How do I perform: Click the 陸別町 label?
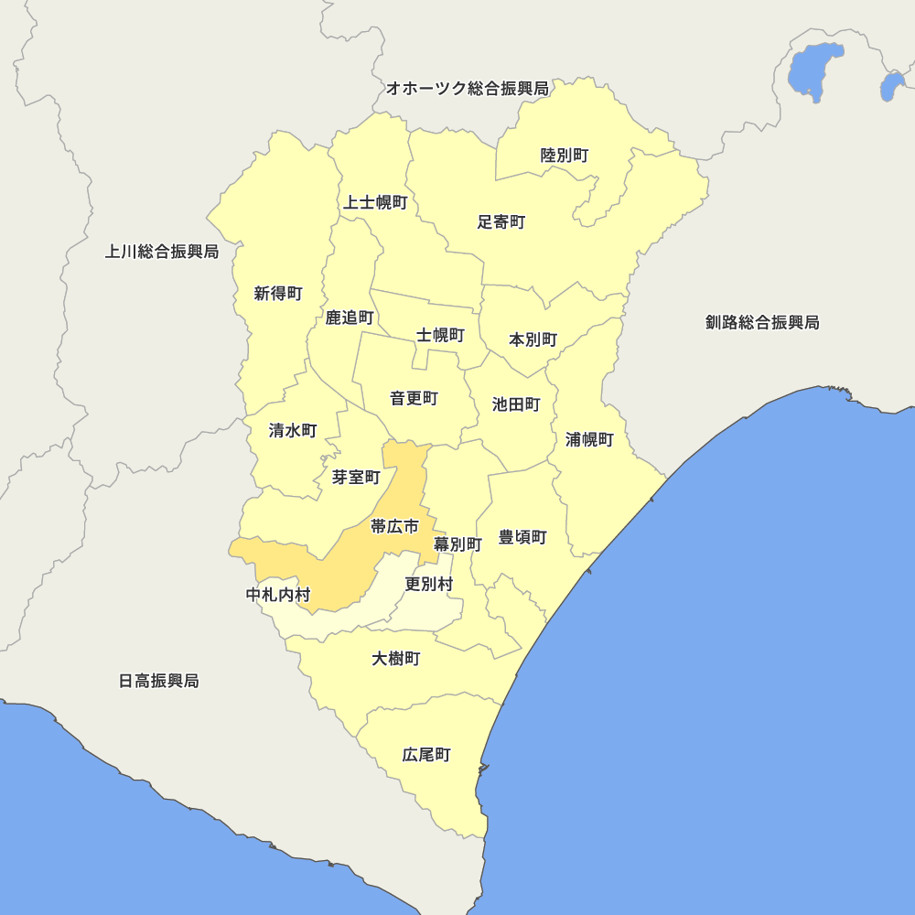point(565,156)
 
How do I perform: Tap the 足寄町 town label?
point(501,222)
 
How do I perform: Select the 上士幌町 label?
point(375,202)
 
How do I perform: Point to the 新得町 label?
point(278,294)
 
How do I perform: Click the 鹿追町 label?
point(350,318)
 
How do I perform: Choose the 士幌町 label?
point(441,335)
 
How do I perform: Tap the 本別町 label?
point(533,339)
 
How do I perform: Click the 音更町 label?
point(414,398)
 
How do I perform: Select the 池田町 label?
point(516,404)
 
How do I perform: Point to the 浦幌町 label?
point(589,439)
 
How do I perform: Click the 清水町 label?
point(293,430)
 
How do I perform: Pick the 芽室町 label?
point(356,477)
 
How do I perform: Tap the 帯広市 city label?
point(394,526)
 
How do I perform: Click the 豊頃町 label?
point(522,537)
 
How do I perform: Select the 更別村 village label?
point(429,583)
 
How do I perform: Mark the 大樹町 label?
point(396,659)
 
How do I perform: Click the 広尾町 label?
point(426,756)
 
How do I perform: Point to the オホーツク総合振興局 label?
point(467,89)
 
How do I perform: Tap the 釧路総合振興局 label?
point(762,322)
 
